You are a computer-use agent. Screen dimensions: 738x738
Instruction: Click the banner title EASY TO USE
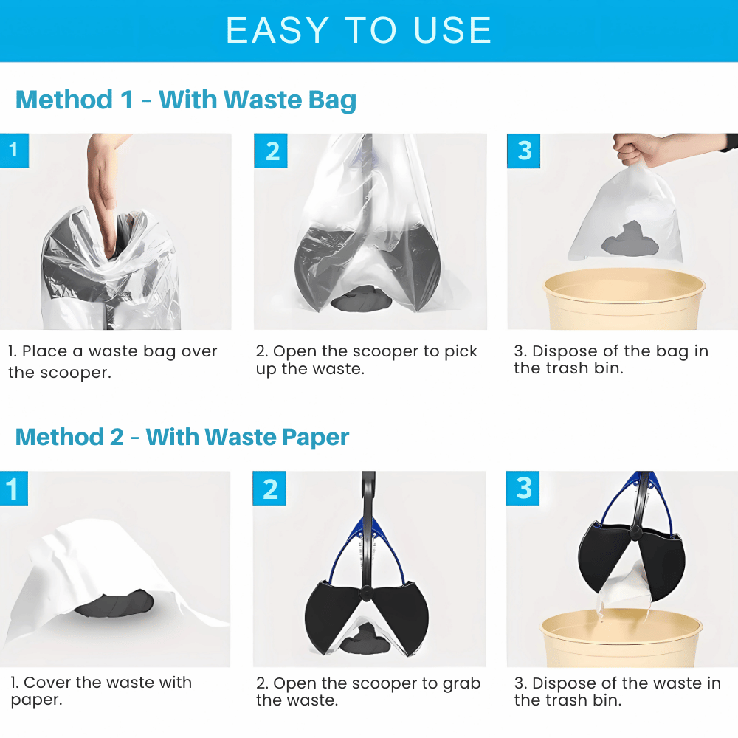[x=359, y=30]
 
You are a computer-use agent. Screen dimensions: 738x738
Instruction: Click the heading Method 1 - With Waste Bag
[x=186, y=100]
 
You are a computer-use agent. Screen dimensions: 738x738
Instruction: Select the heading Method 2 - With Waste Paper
[x=182, y=437]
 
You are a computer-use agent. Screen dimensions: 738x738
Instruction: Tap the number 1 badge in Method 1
[x=13, y=150]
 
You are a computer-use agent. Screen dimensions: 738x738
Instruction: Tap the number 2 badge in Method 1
[x=272, y=151]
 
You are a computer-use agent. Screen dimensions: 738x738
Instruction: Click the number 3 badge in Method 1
[x=524, y=151]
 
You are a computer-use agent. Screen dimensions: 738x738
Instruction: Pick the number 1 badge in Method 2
[x=13, y=489]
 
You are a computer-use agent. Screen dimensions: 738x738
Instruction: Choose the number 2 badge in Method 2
[x=269, y=489]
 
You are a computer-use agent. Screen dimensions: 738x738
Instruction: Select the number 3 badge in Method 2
[x=523, y=489]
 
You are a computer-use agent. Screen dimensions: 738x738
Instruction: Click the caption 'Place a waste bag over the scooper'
[x=113, y=362]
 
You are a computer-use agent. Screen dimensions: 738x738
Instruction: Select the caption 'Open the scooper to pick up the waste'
[x=367, y=360]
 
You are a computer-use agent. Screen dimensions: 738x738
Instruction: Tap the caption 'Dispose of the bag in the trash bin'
[x=611, y=360]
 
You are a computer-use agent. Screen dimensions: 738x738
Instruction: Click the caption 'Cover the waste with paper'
[x=101, y=691]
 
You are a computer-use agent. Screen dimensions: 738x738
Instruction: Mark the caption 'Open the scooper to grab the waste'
[x=368, y=692]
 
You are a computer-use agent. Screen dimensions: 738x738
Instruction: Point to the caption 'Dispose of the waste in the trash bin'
[x=618, y=692]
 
